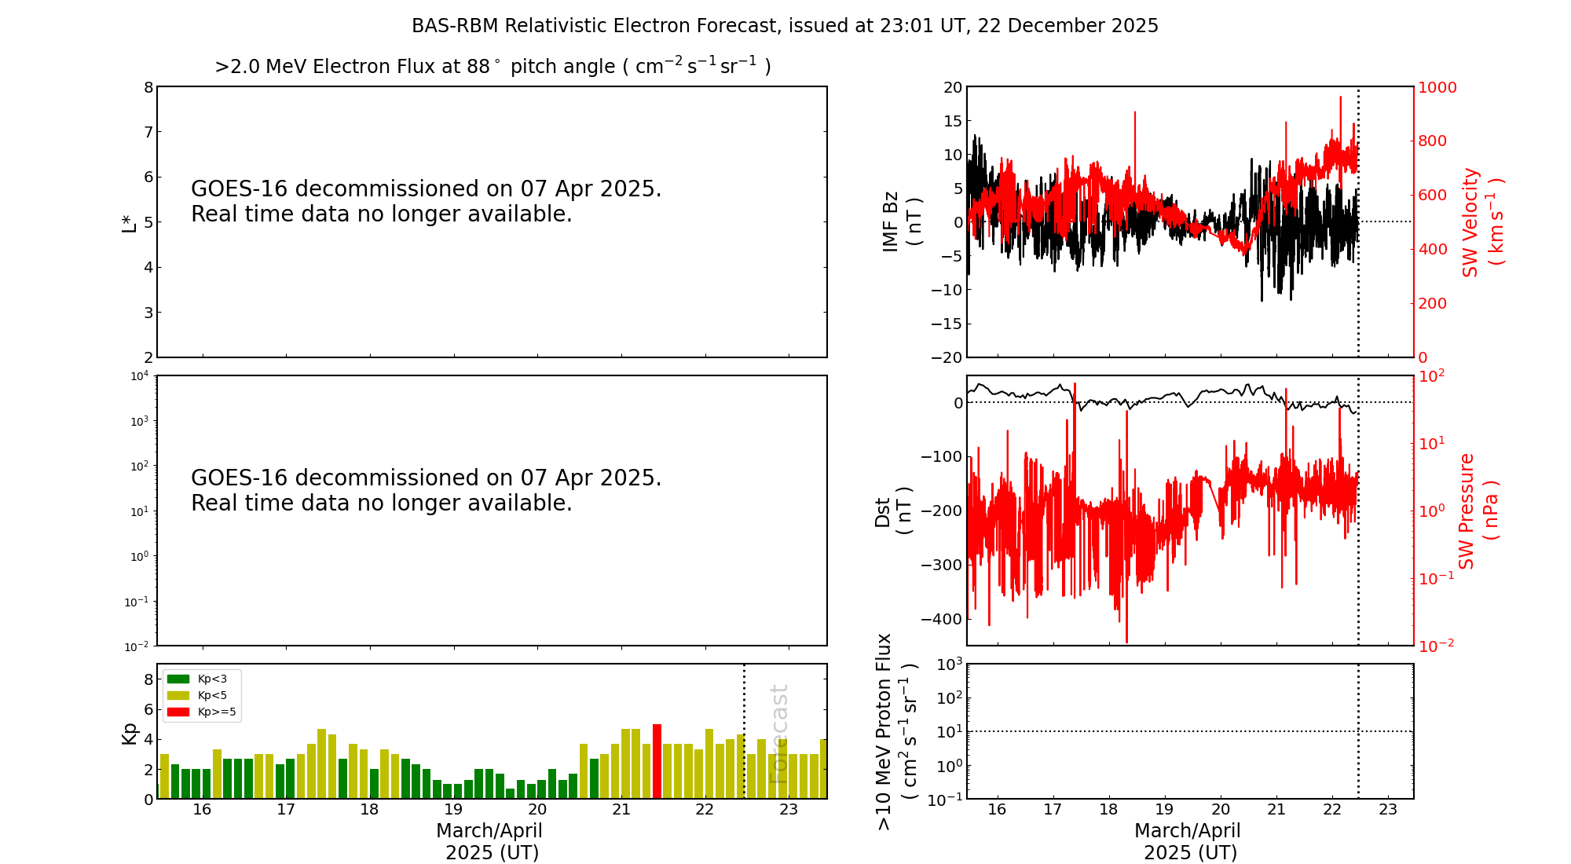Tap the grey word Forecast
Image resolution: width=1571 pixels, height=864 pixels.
(778, 734)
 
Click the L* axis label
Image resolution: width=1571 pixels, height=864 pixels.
(129, 222)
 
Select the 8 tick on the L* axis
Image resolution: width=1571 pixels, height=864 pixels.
(148, 87)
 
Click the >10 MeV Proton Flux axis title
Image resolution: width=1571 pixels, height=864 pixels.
(895, 731)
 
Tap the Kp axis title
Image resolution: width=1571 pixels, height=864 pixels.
(129, 733)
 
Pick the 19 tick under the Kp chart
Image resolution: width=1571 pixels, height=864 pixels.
(453, 810)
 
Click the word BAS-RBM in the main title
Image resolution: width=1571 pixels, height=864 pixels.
(455, 26)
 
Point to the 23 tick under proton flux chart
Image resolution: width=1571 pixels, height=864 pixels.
(1388, 810)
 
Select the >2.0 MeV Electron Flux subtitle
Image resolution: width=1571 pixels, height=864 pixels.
(493, 67)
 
